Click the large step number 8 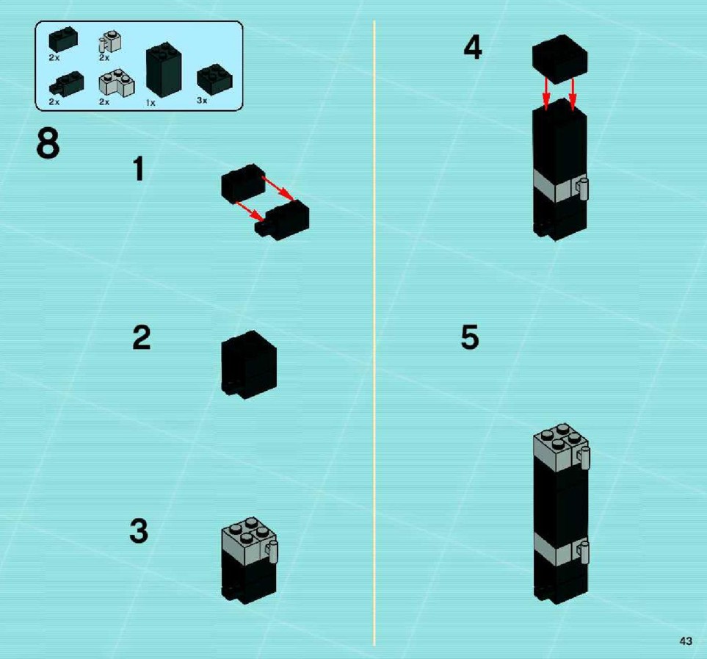pos(48,143)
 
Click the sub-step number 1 pos(139,168)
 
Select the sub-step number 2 pos(142,337)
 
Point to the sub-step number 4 pos(473,47)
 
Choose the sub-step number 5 pos(469,336)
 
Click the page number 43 pos(686,641)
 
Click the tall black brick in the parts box pos(164,70)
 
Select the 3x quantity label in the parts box pos(202,100)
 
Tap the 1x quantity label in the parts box pos(151,103)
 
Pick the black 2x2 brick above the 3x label pos(214,79)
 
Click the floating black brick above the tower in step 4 pos(559,59)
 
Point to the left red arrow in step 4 pos(546,93)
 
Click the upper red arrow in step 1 pos(278,187)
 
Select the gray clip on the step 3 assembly pos(272,553)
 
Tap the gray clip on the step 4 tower pos(583,189)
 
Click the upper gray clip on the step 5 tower pos(584,458)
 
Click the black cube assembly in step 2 pos(248,364)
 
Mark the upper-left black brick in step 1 pos(243,183)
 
